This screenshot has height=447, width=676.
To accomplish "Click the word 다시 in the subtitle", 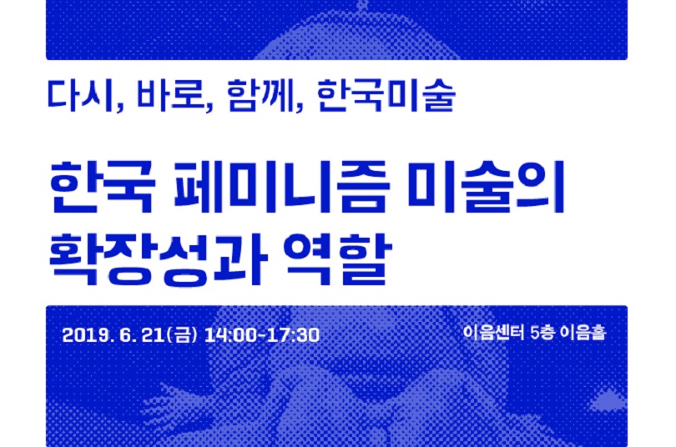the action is [81, 95].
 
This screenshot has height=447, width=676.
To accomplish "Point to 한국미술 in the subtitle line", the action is [386, 96].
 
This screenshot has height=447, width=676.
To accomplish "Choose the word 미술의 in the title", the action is [486, 188].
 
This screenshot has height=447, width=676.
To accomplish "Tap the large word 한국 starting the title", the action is [102, 188].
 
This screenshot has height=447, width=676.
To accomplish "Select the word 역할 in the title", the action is [337, 259].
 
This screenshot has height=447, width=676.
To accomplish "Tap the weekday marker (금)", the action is [181, 335].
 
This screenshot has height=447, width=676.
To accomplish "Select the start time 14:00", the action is [230, 335].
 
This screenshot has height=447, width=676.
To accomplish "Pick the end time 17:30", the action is [293, 335].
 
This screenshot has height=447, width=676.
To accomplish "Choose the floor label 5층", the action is [542, 333].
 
